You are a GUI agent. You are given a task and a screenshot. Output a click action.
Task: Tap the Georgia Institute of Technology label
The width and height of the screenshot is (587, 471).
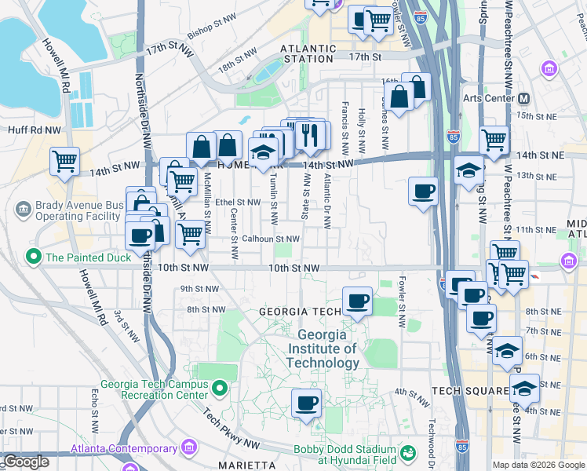coord(322,349)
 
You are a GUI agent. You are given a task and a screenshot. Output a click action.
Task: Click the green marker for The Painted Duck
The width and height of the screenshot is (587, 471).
coord(34,256)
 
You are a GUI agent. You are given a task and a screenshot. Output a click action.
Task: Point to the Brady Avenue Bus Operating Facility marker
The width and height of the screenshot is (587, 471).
coord(23,209)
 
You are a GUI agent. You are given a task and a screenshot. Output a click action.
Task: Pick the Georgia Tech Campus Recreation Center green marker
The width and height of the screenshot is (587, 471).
coord(221,387)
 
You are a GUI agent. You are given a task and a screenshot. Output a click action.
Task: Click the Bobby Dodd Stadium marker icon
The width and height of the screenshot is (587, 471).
coord(408,453)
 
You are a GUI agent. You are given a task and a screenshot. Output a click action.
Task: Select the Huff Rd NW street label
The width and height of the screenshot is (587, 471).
coord(34,130)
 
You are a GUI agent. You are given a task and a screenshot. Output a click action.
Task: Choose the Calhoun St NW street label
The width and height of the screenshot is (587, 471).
coord(271,239)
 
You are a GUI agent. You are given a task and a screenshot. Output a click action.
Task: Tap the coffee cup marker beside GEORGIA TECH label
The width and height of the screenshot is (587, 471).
coord(358,301)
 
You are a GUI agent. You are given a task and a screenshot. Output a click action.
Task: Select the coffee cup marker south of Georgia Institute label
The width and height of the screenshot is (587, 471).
coord(306,403)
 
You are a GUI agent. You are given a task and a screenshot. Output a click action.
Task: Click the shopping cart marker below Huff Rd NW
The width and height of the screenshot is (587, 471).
coord(64,162)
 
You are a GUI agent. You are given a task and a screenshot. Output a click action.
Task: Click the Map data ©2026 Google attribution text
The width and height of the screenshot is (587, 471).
coord(538,465)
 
